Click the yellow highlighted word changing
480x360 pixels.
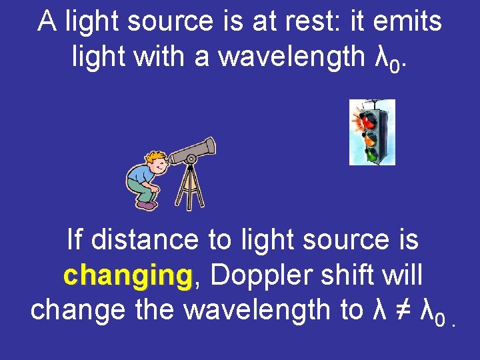point(127,274)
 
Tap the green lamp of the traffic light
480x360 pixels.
point(371,155)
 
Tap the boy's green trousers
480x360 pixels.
point(143,189)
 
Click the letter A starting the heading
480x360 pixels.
point(47,21)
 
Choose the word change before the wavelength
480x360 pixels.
point(72,309)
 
